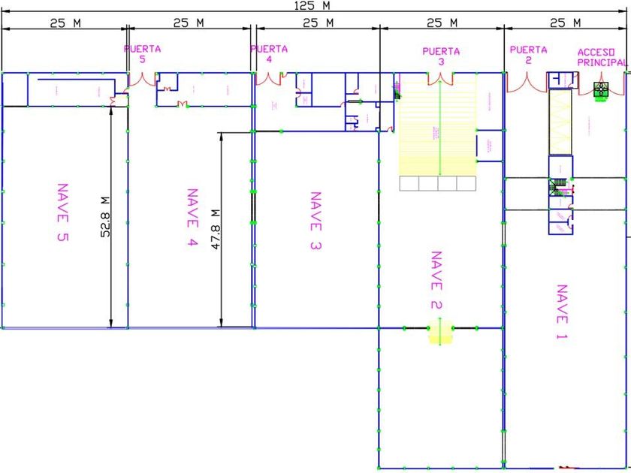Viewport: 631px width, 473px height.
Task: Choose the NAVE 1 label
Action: click(x=561, y=312)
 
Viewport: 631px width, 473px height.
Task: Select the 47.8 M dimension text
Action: click(x=215, y=229)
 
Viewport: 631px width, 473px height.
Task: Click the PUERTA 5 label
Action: click(x=143, y=54)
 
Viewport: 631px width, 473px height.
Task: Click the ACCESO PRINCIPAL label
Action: click(x=601, y=58)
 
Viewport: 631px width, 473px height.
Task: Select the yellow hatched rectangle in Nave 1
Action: click(x=560, y=122)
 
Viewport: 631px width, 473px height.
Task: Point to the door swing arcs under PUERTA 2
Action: click(x=527, y=82)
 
